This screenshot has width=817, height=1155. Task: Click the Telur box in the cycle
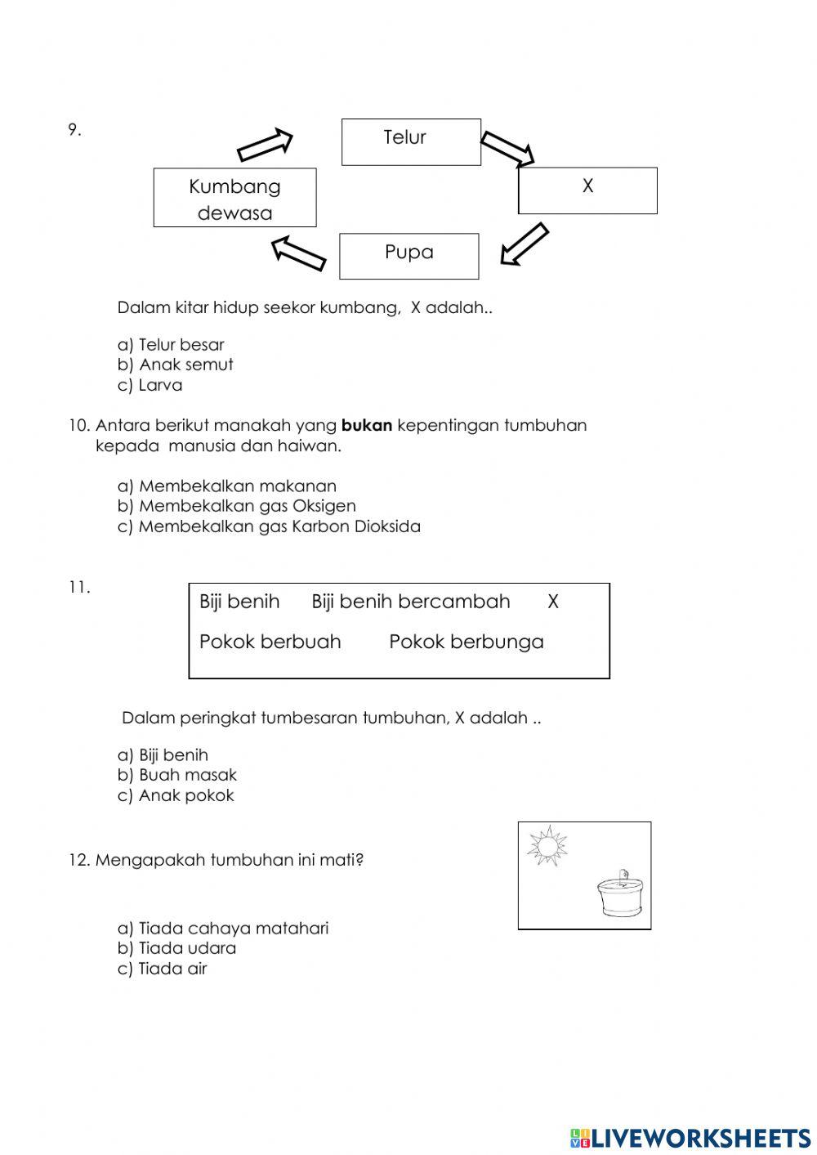(x=411, y=141)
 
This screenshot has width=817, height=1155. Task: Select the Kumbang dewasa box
(x=234, y=198)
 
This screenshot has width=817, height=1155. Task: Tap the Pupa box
(x=408, y=255)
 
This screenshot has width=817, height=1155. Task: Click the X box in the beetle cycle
(x=587, y=190)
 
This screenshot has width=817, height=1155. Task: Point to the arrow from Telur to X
(x=507, y=149)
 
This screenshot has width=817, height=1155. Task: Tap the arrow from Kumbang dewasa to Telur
(x=265, y=145)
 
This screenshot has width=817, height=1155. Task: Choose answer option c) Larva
(x=150, y=385)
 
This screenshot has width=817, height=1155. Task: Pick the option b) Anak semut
(x=176, y=365)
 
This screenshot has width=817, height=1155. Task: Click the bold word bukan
(x=367, y=425)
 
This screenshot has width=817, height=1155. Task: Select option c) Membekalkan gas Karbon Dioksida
(x=269, y=526)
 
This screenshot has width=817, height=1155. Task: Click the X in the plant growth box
(x=553, y=602)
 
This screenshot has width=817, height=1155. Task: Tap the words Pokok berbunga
(x=466, y=642)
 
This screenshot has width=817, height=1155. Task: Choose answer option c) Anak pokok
(x=176, y=795)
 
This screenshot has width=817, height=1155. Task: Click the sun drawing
(x=547, y=845)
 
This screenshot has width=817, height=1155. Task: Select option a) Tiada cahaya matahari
(x=223, y=929)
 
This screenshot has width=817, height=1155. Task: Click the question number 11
(x=78, y=587)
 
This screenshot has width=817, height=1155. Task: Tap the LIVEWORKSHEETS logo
(x=690, y=1138)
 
